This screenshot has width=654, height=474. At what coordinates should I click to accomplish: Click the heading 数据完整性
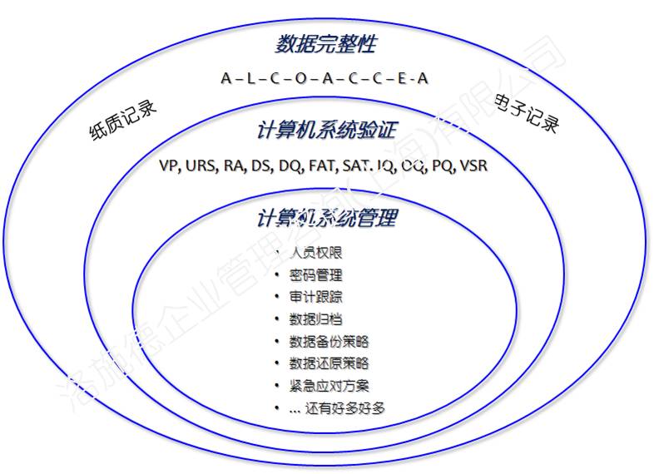325,43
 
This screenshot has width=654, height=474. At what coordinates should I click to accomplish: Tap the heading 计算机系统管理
326,219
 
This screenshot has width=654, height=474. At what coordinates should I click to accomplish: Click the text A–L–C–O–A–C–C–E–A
325,78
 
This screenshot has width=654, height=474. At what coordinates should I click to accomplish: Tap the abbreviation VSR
473,166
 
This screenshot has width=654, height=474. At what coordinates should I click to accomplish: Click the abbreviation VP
169,166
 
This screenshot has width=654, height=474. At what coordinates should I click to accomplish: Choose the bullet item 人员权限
315,253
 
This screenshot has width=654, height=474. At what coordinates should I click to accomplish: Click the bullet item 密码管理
315,275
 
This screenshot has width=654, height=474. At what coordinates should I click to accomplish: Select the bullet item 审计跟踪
315,297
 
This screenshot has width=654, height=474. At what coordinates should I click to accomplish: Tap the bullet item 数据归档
315,319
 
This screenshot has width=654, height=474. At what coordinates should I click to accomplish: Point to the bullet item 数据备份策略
329,342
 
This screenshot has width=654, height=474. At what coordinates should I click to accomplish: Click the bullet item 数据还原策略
329,363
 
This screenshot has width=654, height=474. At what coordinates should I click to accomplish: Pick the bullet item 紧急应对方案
329,386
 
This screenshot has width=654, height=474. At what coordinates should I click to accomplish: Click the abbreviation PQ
443,166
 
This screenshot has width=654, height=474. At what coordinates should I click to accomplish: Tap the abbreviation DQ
290,166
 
